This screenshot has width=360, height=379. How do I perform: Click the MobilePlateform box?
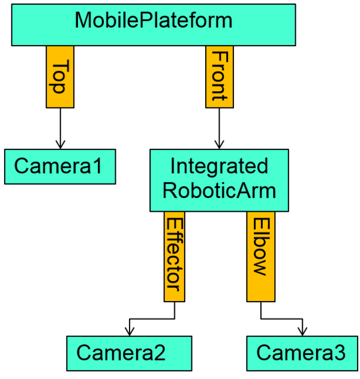click(x=153, y=25)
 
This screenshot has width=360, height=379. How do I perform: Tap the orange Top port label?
click(x=60, y=76)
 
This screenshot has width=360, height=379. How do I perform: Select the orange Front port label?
click(x=220, y=76)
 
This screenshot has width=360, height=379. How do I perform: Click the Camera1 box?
click(x=60, y=166)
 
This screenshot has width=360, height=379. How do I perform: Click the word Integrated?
click(x=219, y=166)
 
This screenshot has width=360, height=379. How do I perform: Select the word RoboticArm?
click(x=219, y=191)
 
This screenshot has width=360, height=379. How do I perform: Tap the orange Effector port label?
click(x=174, y=256)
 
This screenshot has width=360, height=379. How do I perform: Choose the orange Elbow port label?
click(x=260, y=256)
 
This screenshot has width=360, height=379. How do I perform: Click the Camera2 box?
click(x=129, y=353)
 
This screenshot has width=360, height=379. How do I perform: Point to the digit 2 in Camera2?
click(x=158, y=353)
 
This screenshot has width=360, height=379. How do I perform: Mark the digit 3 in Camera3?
click(x=339, y=353)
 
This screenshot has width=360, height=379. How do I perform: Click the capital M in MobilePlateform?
click(x=83, y=20)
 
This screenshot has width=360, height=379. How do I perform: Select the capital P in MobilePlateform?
click(x=143, y=20)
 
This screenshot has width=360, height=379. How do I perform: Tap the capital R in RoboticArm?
click(x=170, y=191)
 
